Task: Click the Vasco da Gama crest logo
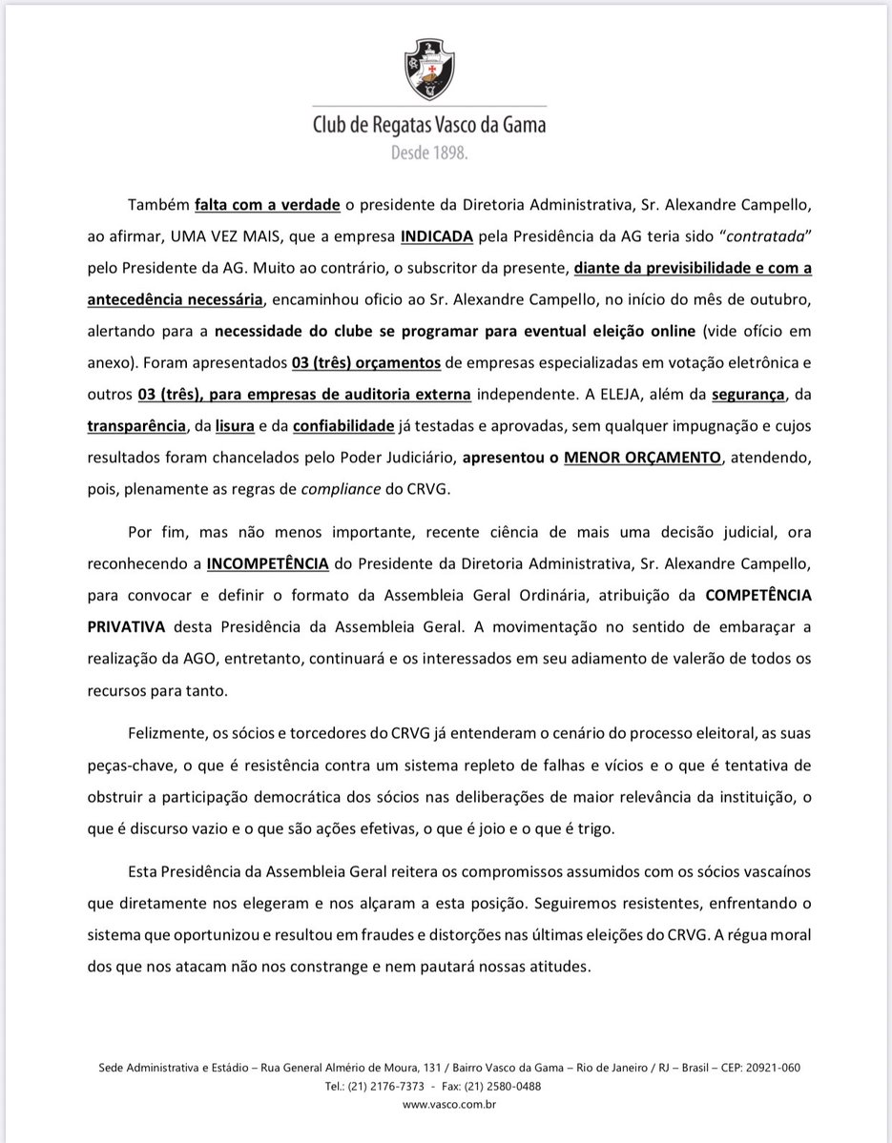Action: point(430,70)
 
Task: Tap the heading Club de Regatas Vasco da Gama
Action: point(431,126)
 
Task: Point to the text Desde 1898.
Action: point(429,153)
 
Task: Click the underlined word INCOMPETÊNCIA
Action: point(268,563)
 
